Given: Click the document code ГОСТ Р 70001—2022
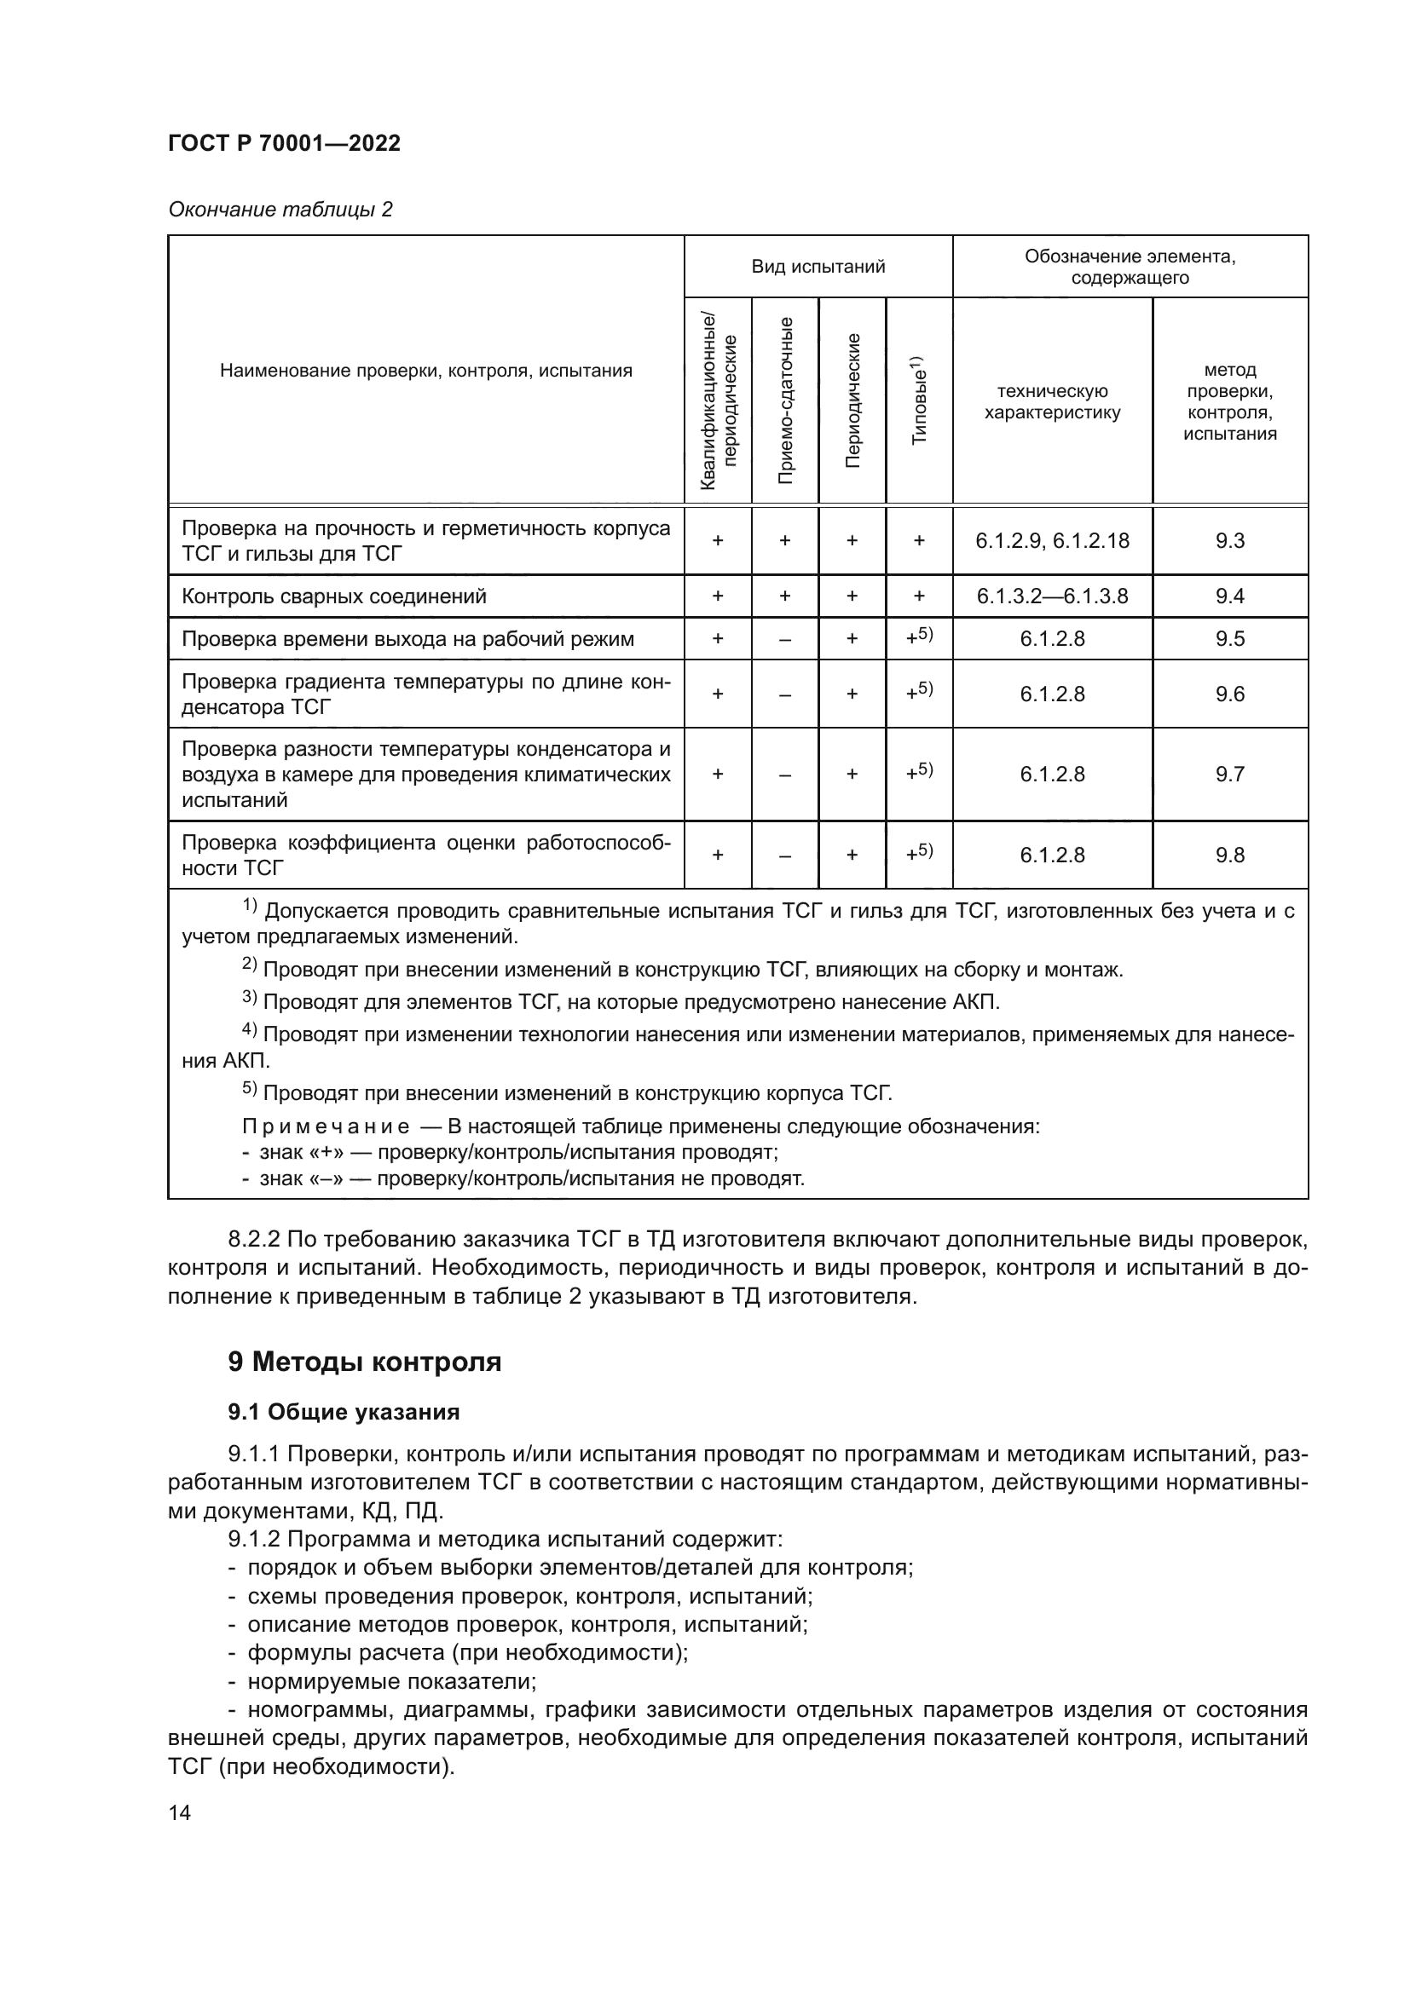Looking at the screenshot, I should pyautogui.click(x=284, y=143).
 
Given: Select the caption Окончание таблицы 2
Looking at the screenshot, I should pyautogui.click(x=280, y=210).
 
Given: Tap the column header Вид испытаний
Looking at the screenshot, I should pyautogui.click(x=818, y=267).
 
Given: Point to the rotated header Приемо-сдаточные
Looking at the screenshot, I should pyautogui.click(x=785, y=400).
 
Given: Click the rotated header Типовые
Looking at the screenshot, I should pyautogui.click(x=920, y=400).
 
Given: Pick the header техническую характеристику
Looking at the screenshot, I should pyautogui.click(x=1052, y=402).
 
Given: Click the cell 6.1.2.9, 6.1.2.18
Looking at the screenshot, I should pyautogui.click(x=1052, y=541).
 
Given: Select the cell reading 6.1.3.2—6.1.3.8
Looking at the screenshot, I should pyautogui.click(x=1052, y=596).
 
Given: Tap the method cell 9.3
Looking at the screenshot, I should pyautogui.click(x=1229, y=541).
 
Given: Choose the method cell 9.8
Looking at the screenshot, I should pyautogui.click(x=1229, y=855).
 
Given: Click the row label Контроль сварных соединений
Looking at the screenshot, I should pyautogui.click(x=334, y=596).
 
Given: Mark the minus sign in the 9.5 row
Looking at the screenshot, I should pyautogui.click(x=785, y=640).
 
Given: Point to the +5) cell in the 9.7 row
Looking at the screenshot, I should pyautogui.click(x=920, y=772).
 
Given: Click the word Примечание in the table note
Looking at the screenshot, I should pyautogui.click(x=326, y=1126).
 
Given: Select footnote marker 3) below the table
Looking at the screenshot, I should pyautogui.click(x=249, y=999).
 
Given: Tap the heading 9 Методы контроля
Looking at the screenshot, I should pyautogui.click(x=365, y=1362).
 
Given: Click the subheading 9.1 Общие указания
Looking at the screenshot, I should pyautogui.click(x=344, y=1412).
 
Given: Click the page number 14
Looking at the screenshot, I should pyautogui.click(x=180, y=1812).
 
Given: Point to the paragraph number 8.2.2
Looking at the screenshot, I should pyautogui.click(x=252, y=1238).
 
